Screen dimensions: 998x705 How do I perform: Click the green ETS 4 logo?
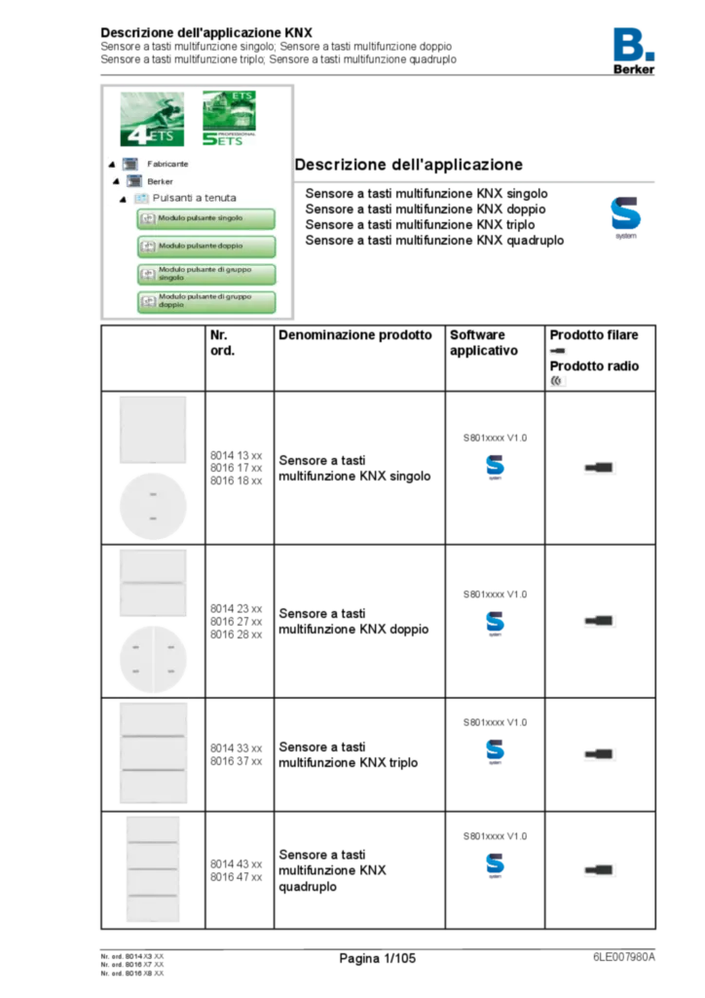point(152,120)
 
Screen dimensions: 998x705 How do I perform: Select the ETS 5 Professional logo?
point(228,119)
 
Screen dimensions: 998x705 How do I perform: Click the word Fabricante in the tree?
point(167,165)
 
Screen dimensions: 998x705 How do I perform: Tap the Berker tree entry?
point(160,181)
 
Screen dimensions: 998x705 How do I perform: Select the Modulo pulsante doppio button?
point(205,247)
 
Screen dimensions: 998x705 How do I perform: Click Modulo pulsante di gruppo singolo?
point(205,274)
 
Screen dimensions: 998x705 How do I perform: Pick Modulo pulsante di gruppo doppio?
point(205,301)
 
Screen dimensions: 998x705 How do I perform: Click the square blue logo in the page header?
point(634,44)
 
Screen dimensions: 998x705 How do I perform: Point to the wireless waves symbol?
point(558,381)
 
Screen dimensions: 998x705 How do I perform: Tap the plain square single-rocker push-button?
point(155,430)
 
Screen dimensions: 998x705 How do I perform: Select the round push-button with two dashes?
point(154,507)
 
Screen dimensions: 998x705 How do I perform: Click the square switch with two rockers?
point(154,583)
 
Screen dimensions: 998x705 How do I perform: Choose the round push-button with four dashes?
point(154,659)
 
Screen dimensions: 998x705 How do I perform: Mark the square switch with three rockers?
point(155,752)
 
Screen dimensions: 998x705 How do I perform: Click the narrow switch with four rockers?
point(154,869)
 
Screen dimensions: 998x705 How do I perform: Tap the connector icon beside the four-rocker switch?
point(600,868)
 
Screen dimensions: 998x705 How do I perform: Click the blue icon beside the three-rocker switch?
point(495,752)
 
